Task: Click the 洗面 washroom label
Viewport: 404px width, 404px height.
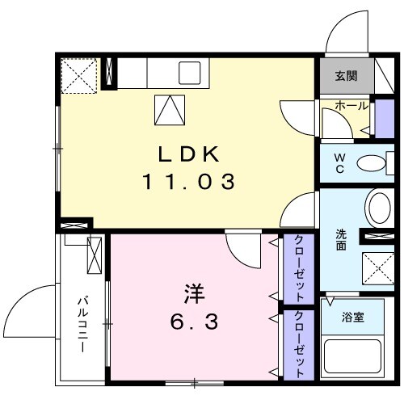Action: tap(341, 240)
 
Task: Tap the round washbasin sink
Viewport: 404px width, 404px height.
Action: tap(378, 208)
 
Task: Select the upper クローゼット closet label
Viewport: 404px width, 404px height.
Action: tap(299, 267)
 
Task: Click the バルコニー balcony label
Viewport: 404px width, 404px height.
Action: tap(82, 328)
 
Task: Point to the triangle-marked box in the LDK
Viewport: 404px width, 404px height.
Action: tap(167, 109)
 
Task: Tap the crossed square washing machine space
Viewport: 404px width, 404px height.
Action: tap(376, 267)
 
